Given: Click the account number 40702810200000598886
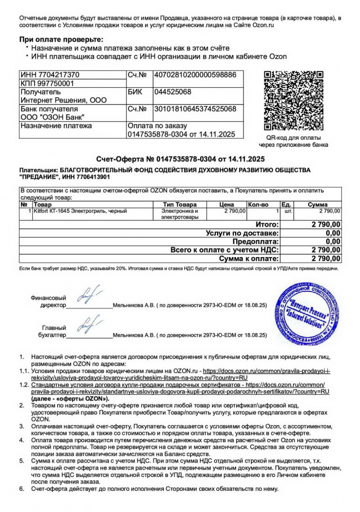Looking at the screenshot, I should pyautogui.click(x=195, y=75).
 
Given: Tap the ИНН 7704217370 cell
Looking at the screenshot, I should pyautogui.click(x=50, y=75).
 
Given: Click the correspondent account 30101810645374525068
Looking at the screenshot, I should pyautogui.click(x=195, y=109).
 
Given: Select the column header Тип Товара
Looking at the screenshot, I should pyautogui.click(x=179, y=204).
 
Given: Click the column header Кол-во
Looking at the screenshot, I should pyautogui.click(x=258, y=204).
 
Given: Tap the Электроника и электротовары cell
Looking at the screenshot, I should pyautogui.click(x=179, y=214).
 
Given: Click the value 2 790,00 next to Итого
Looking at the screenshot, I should pyautogui.click(x=326, y=224).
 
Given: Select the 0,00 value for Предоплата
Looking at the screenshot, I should pyautogui.click(x=333, y=242).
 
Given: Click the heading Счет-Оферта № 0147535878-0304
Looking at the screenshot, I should pyautogui.click(x=180, y=159).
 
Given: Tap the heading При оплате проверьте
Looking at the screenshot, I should pyautogui.click(x=61, y=40).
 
